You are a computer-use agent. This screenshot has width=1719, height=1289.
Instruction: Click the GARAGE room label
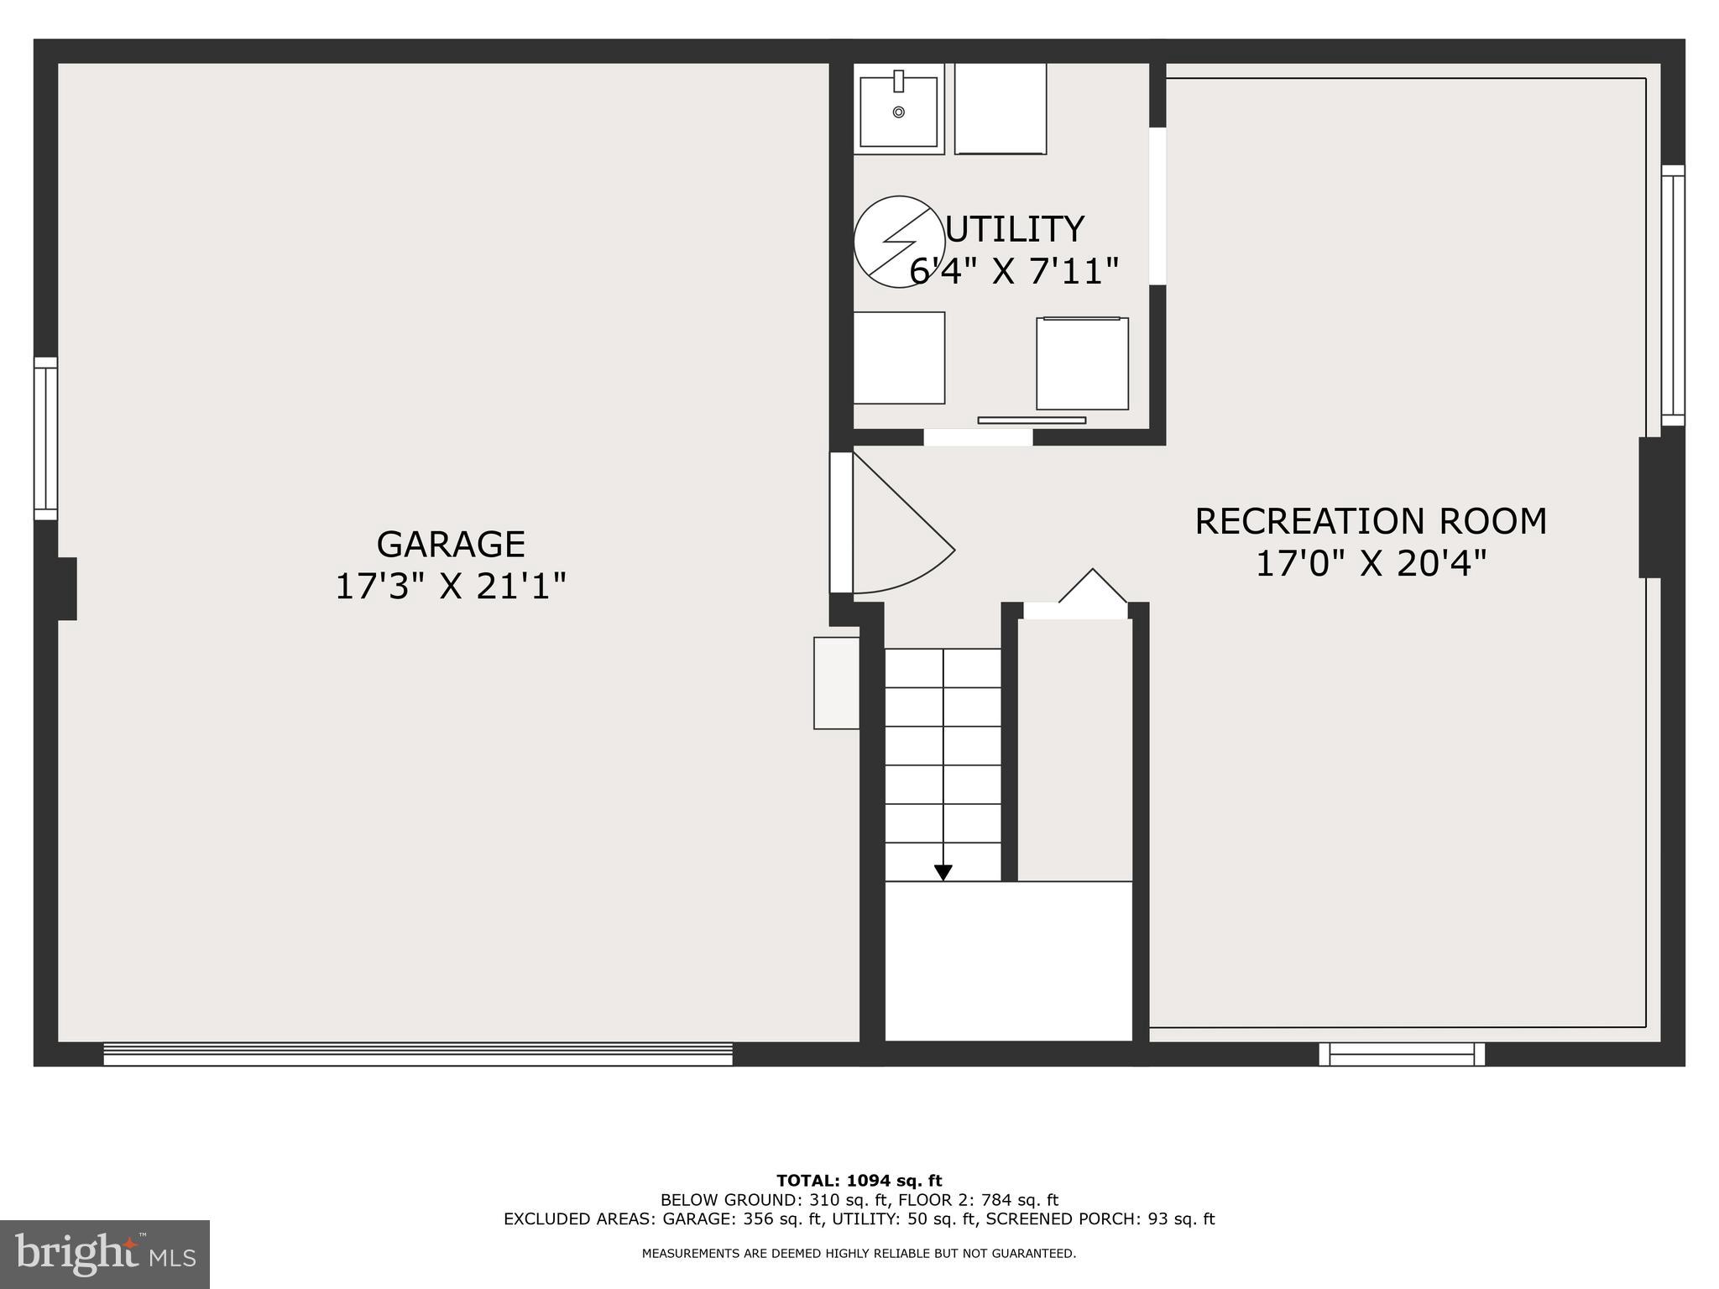click(451, 544)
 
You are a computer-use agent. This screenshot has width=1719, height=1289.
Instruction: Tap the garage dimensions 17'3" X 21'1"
click(451, 586)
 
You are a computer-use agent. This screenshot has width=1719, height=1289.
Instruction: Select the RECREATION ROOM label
click(1371, 521)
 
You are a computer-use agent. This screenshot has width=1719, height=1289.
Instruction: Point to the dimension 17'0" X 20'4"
click(1371, 563)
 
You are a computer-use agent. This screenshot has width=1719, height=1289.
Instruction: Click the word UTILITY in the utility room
click(1015, 229)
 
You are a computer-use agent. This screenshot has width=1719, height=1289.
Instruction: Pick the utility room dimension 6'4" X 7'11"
click(1015, 271)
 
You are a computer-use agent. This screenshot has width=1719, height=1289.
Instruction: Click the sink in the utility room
click(898, 110)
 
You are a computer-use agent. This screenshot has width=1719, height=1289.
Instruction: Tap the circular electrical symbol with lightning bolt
click(899, 242)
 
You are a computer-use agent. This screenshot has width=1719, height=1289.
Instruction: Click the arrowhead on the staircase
click(943, 873)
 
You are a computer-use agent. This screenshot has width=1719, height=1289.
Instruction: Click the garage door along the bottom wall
click(417, 1054)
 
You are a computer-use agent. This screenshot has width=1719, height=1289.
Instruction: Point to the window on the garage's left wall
click(45, 439)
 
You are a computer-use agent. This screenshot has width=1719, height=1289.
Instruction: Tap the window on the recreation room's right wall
click(1673, 295)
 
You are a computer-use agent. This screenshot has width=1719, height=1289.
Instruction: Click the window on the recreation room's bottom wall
click(1402, 1054)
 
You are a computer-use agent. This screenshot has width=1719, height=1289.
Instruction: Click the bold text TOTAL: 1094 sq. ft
click(859, 1182)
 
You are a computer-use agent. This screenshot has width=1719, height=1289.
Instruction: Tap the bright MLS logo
click(105, 1254)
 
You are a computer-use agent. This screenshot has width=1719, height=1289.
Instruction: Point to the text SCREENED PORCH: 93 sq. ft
click(1100, 1219)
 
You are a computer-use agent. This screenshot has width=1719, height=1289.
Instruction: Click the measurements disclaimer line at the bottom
click(859, 1254)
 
